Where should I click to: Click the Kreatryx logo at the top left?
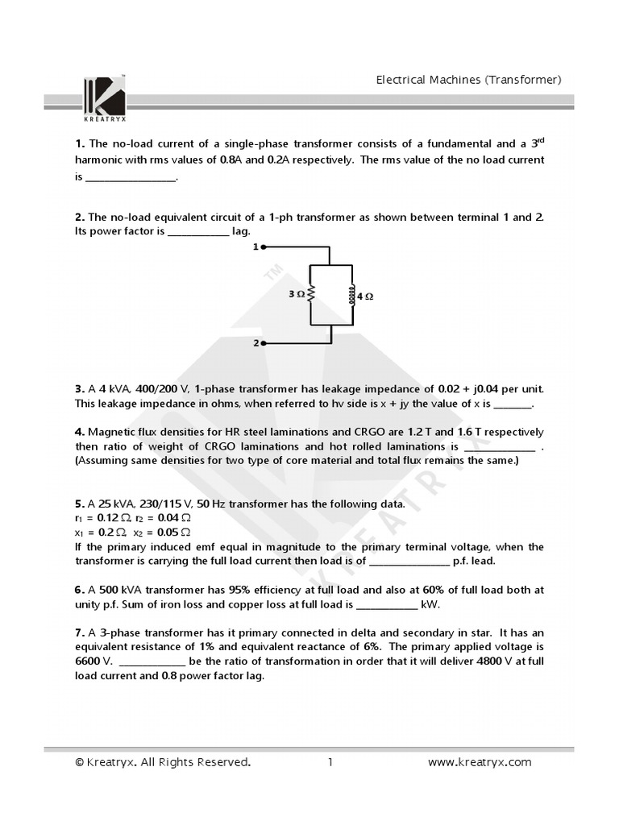pyautogui.click(x=104, y=94)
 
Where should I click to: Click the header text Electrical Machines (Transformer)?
pyautogui.click(x=469, y=79)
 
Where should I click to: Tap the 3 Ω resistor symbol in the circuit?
pyautogui.click(x=309, y=295)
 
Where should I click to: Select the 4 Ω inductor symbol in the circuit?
pyautogui.click(x=351, y=295)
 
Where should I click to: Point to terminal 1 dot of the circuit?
pyautogui.click(x=264, y=247)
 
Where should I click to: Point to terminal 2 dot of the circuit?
pyautogui.click(x=264, y=343)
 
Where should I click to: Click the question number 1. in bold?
pyautogui.click(x=80, y=144)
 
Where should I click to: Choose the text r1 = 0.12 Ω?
pyautogui.click(x=102, y=518)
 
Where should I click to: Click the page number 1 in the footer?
pyautogui.click(x=330, y=762)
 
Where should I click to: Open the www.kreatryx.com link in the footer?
pyautogui.click(x=479, y=762)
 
